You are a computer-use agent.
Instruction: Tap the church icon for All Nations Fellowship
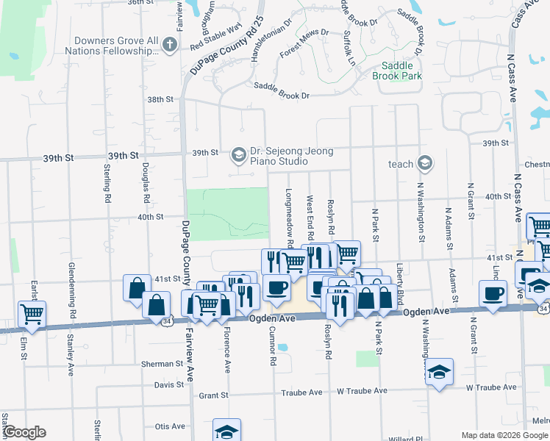[x=170, y=46]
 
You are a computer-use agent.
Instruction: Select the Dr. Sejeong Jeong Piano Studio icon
[x=238, y=154]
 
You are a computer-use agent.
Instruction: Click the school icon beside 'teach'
[x=424, y=163]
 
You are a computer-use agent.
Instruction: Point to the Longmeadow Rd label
[x=290, y=217]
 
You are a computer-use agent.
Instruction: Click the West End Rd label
[x=310, y=217]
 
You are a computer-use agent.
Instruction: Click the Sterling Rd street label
[x=107, y=184]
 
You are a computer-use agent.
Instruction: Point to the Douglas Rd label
[x=146, y=183]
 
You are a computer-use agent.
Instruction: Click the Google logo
[x=24, y=433]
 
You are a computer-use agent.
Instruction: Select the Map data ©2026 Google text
[x=504, y=435]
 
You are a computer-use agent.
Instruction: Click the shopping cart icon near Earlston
[x=32, y=315]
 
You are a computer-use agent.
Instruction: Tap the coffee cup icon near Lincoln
[x=493, y=293]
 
